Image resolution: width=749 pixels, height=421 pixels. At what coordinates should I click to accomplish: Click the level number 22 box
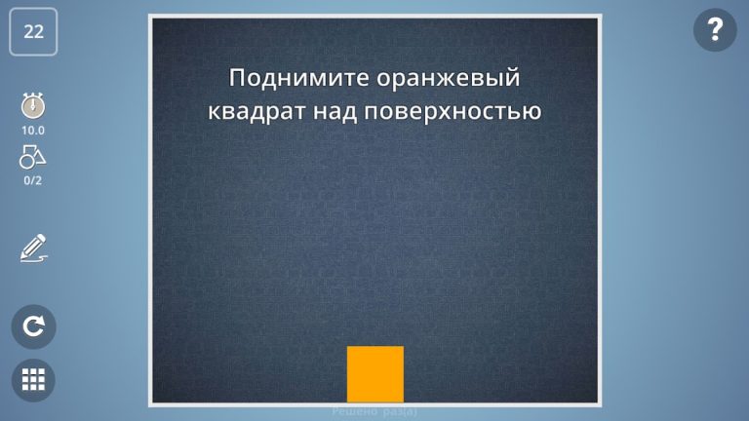tap(34, 31)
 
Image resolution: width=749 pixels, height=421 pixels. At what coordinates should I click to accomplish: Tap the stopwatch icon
tap(33, 105)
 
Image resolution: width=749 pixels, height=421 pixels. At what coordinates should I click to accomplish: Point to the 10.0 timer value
tap(33, 130)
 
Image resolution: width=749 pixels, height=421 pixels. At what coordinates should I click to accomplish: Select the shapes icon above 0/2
tap(33, 156)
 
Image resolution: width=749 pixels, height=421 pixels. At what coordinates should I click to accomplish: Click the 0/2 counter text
tap(33, 180)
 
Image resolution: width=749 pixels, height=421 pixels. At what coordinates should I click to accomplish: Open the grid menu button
tap(34, 380)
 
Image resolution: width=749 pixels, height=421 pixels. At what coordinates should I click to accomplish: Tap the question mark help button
tap(715, 31)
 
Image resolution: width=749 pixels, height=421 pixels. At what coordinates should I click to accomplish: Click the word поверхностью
tap(453, 111)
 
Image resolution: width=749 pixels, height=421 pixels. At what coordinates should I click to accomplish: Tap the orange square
tap(375, 374)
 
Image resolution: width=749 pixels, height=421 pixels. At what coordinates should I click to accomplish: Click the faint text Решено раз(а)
tap(374, 412)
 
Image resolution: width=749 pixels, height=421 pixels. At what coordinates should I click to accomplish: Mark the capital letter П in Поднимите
tap(236, 77)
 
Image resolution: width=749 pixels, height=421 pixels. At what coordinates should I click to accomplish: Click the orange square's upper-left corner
tap(348, 347)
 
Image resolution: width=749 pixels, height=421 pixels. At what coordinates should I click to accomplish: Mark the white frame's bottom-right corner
tap(598, 404)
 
